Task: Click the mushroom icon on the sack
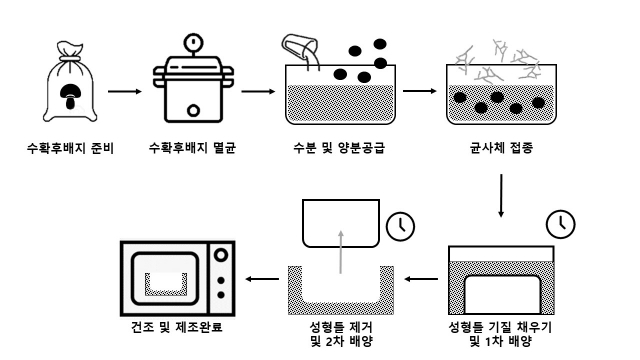coord(70,97)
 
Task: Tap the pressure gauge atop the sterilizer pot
coord(193,42)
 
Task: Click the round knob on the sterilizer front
coord(193,111)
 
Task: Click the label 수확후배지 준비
coord(70,148)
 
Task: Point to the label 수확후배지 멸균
coord(192,148)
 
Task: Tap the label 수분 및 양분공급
coord(339,148)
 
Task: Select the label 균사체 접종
coord(501,148)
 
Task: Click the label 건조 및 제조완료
coord(177,327)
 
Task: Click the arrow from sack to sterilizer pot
coord(125,91)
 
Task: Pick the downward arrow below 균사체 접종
coord(501,196)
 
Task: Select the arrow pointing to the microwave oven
coord(262,279)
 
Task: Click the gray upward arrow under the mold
coord(341,252)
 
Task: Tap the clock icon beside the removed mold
coord(400,226)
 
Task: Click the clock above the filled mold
coord(561,224)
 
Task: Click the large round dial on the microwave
coord(221,255)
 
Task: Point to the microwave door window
coord(164,279)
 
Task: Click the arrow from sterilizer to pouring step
coord(258,91)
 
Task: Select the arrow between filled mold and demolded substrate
coord(422,279)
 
